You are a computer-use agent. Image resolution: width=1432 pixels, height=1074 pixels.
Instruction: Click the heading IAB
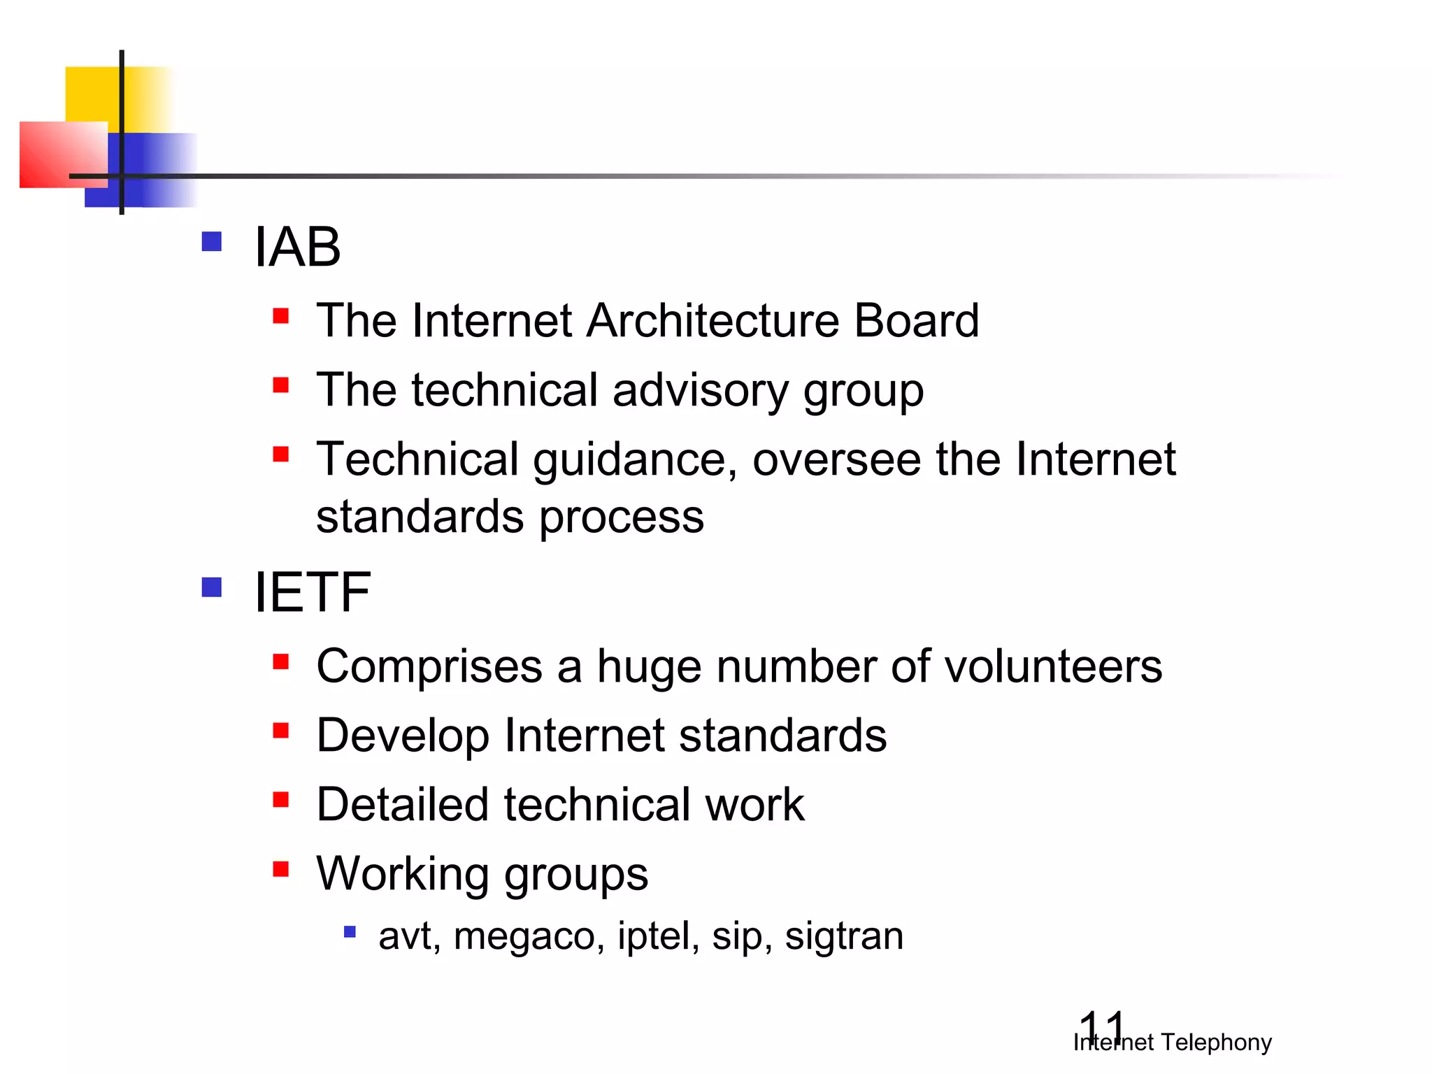(x=297, y=248)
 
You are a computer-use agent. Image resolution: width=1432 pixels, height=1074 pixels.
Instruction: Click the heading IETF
(x=312, y=593)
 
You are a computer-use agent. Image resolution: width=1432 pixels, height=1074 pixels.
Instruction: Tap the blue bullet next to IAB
(x=211, y=242)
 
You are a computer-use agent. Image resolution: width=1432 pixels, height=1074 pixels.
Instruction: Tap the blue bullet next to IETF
(x=211, y=587)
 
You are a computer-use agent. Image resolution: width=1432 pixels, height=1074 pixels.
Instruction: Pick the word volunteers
(x=1053, y=666)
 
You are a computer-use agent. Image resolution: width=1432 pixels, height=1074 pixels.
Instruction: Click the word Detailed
(x=402, y=805)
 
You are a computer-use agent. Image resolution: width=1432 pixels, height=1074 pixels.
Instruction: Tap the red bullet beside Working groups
(x=281, y=869)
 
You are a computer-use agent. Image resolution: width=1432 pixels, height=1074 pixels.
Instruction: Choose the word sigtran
(x=843, y=936)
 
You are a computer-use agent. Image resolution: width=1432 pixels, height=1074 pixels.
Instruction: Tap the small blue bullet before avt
(x=350, y=932)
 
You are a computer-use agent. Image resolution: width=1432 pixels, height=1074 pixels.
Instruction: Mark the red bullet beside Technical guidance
(x=281, y=454)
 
